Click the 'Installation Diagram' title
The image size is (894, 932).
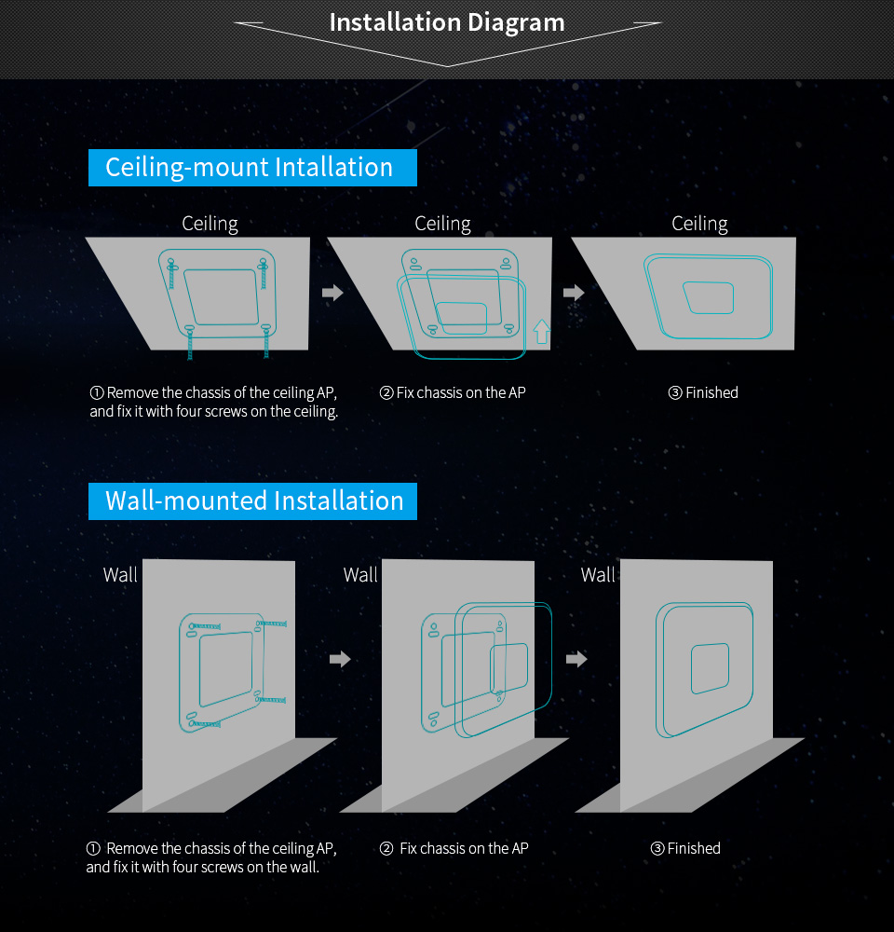[x=447, y=22]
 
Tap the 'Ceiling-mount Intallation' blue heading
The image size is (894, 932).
[x=252, y=168]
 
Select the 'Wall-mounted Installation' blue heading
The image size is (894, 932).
[x=252, y=501]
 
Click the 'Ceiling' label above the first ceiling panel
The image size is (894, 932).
[x=210, y=224]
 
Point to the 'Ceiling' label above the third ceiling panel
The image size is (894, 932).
[x=699, y=224]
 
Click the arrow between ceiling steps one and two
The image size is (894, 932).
[x=332, y=293]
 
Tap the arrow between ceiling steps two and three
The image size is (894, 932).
[x=574, y=293]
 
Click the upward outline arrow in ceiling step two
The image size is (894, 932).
[x=542, y=332]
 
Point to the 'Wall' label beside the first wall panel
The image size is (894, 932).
[x=120, y=575]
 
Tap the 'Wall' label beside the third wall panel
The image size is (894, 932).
[x=598, y=575]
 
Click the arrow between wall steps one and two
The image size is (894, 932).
[x=341, y=659]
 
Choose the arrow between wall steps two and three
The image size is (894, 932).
[x=576, y=659]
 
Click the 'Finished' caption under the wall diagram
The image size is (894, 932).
[x=685, y=848]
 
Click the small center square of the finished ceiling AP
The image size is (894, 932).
[x=709, y=298]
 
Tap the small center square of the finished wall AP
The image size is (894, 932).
[x=710, y=668]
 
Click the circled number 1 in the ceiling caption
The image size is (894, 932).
[x=97, y=393]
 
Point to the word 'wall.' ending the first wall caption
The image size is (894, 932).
[x=305, y=867]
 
